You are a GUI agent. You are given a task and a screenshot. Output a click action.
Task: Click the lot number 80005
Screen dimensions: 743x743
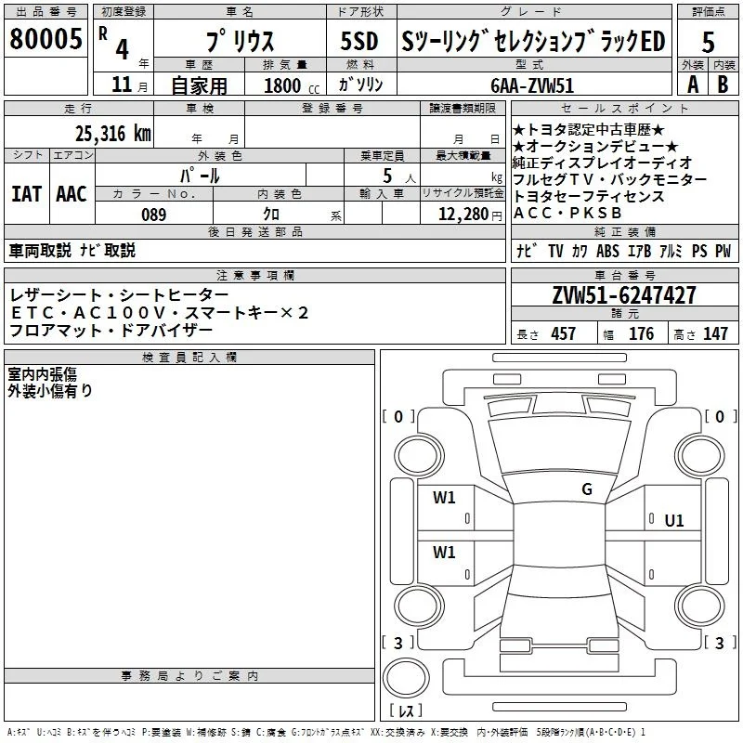click(x=46, y=38)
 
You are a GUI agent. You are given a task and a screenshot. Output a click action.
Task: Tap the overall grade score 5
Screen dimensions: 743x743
click(x=708, y=42)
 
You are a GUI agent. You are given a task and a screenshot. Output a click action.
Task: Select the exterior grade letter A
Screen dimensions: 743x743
click(x=693, y=85)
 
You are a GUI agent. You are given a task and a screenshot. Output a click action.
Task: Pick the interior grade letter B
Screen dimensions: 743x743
click(x=723, y=85)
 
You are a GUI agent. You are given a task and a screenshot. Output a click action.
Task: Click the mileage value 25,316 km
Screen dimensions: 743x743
click(x=112, y=134)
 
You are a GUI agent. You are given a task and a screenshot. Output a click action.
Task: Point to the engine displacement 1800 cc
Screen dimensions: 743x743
click(x=292, y=85)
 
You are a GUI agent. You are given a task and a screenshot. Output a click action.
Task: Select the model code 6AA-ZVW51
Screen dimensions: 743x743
click(x=532, y=85)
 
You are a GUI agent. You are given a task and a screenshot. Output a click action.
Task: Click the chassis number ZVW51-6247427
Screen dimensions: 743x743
click(x=624, y=295)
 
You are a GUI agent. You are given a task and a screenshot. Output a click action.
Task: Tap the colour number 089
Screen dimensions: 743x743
click(x=154, y=215)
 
